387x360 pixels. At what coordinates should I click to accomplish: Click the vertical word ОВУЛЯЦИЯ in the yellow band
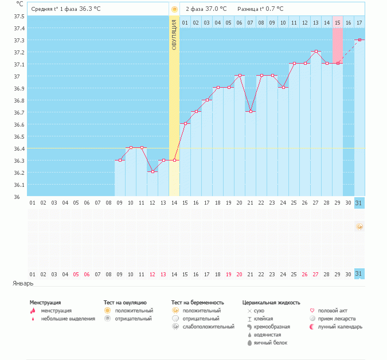(x=174, y=34)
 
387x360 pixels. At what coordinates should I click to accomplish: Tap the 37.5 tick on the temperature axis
(x=18, y=16)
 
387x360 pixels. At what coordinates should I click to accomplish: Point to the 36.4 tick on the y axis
(x=18, y=148)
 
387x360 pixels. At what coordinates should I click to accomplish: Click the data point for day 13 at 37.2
(x=316, y=52)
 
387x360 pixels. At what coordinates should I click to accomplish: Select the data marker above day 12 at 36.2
(x=153, y=172)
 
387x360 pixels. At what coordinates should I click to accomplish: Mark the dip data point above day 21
(x=251, y=112)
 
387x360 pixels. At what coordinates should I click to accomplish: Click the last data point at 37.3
(x=359, y=40)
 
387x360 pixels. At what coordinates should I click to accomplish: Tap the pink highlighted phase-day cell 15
(x=338, y=22)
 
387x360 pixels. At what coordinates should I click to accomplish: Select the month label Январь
(x=24, y=283)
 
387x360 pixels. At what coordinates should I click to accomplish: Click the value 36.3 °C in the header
(x=90, y=9)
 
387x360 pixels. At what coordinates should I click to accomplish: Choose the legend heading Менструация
(x=45, y=302)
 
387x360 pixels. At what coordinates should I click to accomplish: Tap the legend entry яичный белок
(x=271, y=343)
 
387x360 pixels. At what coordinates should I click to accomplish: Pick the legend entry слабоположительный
(x=208, y=327)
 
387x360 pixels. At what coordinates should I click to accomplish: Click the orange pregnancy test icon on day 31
(x=359, y=227)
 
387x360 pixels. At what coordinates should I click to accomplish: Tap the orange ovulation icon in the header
(x=174, y=9)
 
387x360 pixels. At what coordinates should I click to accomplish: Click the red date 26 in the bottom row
(x=304, y=274)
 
